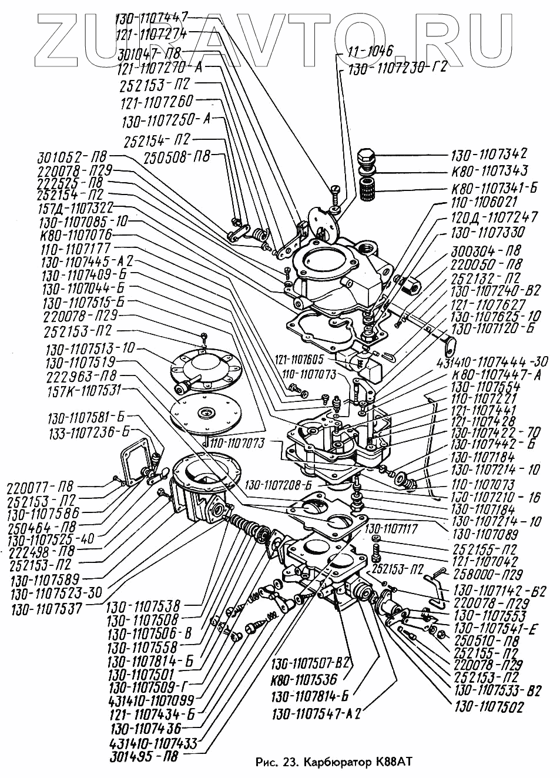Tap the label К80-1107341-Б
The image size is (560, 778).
pyautogui.click(x=494, y=189)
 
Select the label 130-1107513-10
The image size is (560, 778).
pyautogui.click(x=89, y=348)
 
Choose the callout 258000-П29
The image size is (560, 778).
pyautogui.click(x=487, y=574)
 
